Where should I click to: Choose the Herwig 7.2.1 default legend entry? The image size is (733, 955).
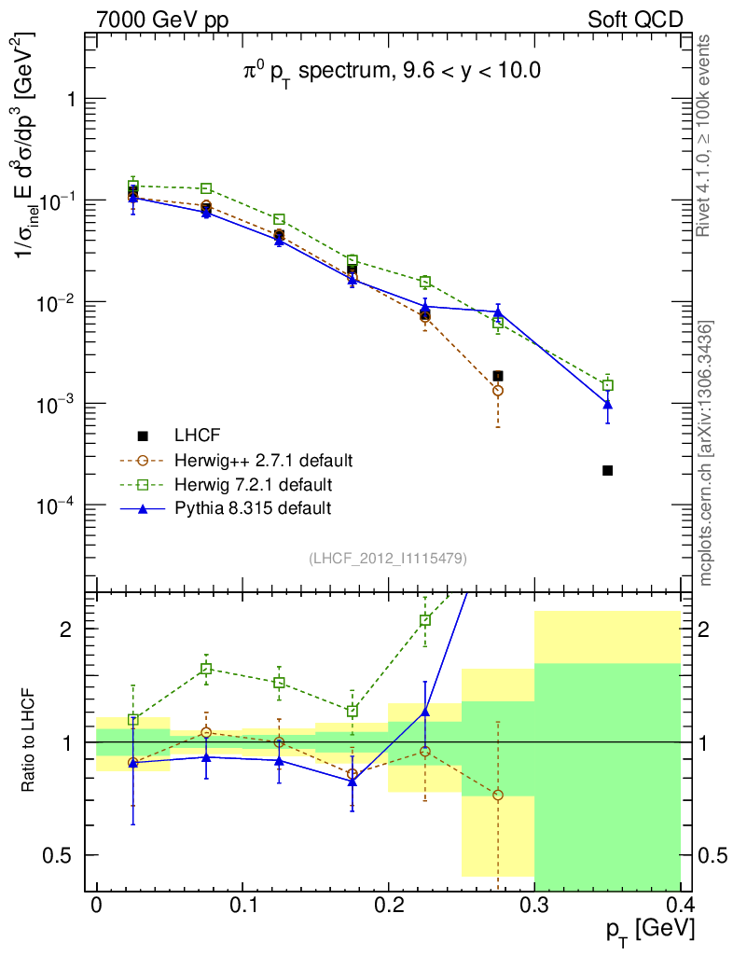[253, 484]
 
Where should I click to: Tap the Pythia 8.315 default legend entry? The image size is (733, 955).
[252, 508]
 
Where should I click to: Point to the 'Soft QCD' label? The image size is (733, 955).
[635, 19]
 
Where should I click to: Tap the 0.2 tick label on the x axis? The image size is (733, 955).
[388, 905]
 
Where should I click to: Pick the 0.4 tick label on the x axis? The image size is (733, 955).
[680, 905]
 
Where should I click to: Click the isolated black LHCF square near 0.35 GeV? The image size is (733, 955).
[607, 470]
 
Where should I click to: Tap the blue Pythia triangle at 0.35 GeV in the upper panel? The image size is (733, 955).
[607, 404]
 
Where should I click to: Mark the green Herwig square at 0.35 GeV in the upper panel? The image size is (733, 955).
[607, 385]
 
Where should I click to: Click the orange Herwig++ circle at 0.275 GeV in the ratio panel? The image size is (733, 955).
[498, 795]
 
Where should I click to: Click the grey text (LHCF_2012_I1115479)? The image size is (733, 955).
[388, 558]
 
